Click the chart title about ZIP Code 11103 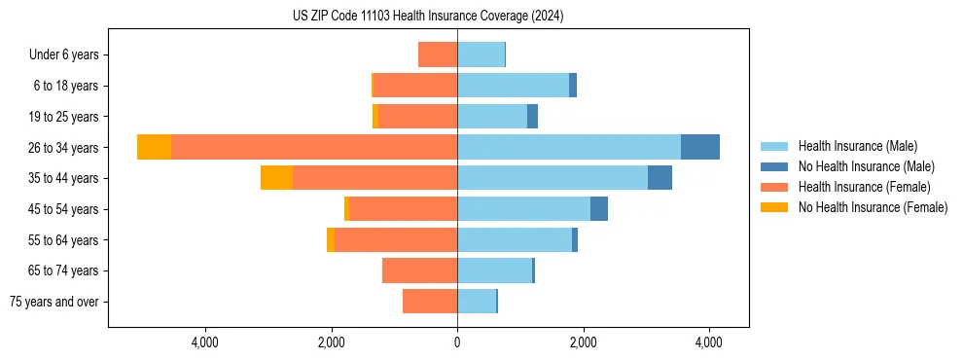pos(427,17)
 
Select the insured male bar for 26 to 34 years pos(569,147)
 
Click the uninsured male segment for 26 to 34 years pos(700,147)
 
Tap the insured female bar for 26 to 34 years pos(314,147)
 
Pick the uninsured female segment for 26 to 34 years pos(154,147)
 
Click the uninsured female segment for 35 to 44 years pos(276,178)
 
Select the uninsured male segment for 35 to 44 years pos(660,178)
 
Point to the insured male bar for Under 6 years pos(481,54)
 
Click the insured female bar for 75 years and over pos(430,302)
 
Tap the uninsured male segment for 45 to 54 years pos(599,209)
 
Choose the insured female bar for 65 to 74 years pos(420,270)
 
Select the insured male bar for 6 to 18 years pos(513,86)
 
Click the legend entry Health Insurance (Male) pos(857,146)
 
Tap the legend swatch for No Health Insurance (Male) pos(774,166)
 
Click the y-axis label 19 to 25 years pos(64,117)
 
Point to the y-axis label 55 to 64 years pos(64,240)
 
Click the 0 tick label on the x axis pos(457,343)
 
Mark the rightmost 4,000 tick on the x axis pos(708,343)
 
